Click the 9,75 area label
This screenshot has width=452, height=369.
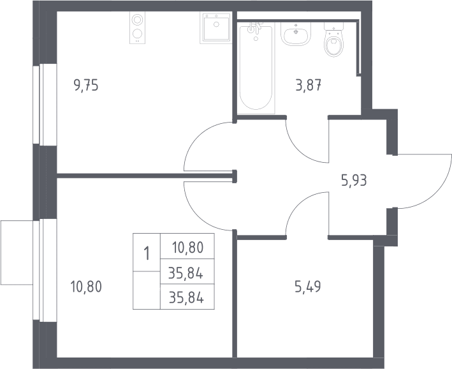point(86,86)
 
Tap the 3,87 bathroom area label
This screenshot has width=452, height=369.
point(309,86)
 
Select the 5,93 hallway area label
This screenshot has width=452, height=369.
point(354,181)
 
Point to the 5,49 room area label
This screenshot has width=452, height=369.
point(308,287)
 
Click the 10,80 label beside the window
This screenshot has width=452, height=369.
point(86,287)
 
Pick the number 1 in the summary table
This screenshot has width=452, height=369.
point(147,253)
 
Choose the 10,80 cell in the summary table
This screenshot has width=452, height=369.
point(187,248)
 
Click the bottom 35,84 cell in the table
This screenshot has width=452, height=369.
point(186,298)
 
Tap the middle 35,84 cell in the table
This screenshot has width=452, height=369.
point(186,273)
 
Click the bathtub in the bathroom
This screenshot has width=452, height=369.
point(256,68)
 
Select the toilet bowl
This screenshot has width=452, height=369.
point(334,40)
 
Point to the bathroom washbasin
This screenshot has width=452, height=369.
point(295,34)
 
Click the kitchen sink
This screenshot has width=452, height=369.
point(215,28)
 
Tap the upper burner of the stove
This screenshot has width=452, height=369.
point(137,20)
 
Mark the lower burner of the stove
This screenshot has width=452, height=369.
point(137,34)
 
